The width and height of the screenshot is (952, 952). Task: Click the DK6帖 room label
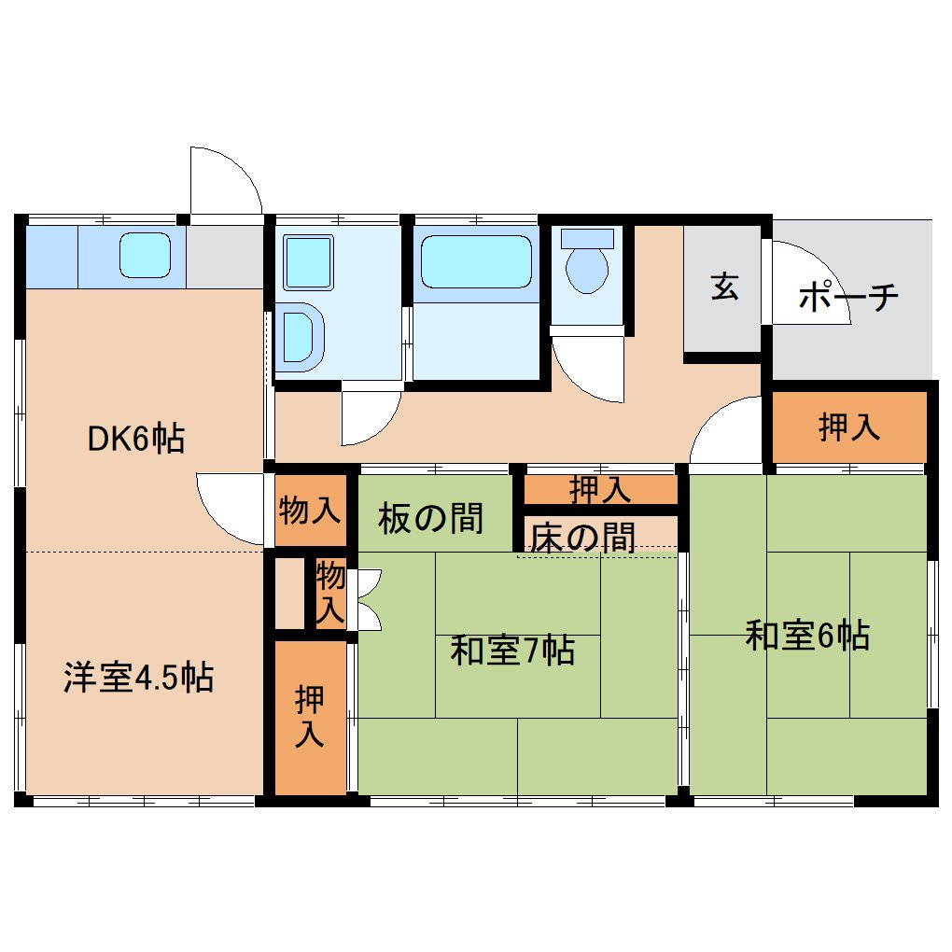[x=136, y=439]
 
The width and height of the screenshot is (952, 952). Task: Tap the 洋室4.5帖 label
[x=138, y=678]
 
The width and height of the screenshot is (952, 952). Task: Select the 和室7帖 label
[x=512, y=651]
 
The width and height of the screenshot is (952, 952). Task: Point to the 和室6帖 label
[x=807, y=636]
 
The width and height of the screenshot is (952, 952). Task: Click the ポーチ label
[x=848, y=297]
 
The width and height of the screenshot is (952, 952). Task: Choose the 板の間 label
[x=430, y=519]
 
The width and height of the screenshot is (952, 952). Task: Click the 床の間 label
[x=582, y=538]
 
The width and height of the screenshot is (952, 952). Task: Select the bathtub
[x=477, y=261]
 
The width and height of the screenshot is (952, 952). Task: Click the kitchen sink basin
[x=145, y=255]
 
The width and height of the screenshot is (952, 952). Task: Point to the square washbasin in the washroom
[x=308, y=262]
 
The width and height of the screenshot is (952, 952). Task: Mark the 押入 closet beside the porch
[x=848, y=427]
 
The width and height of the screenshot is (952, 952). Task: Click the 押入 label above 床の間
[x=600, y=489]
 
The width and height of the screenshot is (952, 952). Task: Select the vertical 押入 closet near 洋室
[x=310, y=717]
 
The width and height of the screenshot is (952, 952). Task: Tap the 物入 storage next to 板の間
[x=310, y=510]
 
